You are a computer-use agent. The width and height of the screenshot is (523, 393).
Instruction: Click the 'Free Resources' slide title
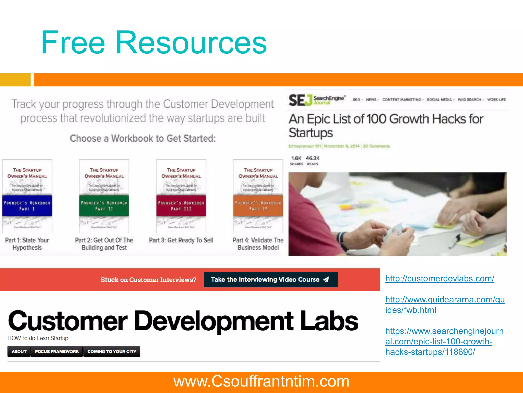click(x=154, y=42)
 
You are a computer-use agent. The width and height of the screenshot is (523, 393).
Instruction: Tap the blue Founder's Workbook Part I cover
click(x=27, y=196)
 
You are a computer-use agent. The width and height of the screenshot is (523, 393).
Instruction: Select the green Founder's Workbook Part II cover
click(x=104, y=196)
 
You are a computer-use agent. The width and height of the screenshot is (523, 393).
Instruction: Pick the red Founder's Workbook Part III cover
click(x=181, y=196)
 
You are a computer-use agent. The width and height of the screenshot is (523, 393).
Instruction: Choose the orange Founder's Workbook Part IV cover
click(x=258, y=196)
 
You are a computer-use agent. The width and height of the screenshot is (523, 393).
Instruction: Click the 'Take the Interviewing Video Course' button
click(x=271, y=280)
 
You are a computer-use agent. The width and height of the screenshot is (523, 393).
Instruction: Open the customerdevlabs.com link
click(x=439, y=279)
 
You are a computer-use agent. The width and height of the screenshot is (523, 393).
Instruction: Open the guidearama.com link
click(x=445, y=305)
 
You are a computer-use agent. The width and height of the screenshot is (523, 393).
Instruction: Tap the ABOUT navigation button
click(x=19, y=351)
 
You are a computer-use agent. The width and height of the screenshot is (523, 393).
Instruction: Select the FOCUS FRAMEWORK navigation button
click(x=57, y=351)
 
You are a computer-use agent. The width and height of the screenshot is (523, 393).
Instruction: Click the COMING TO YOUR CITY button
click(x=112, y=351)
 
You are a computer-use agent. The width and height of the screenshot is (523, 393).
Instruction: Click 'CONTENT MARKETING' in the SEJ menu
click(x=401, y=100)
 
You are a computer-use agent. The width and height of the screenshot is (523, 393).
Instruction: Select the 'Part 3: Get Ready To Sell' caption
click(x=181, y=240)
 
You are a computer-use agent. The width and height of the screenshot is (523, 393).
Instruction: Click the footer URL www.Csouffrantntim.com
click(x=261, y=381)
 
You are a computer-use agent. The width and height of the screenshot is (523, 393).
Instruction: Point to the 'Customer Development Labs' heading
click(x=183, y=321)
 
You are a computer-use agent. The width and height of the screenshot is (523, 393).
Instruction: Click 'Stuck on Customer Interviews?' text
click(x=148, y=280)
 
